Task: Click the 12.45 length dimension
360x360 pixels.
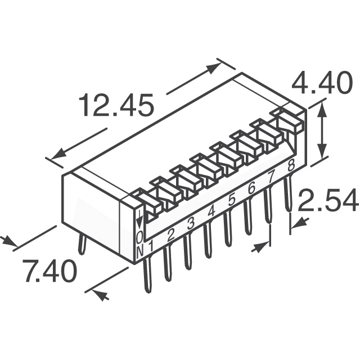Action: pyautogui.click(x=116, y=105)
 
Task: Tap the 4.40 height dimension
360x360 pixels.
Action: pyautogui.click(x=322, y=83)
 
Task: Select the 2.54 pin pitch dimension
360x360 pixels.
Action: pyautogui.click(x=328, y=200)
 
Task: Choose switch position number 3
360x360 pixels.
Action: pyautogui.click(x=191, y=223)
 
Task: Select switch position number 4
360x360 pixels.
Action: pyautogui.click(x=211, y=211)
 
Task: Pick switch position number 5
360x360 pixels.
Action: pyautogui.click(x=232, y=200)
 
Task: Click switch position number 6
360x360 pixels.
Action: pyautogui.click(x=251, y=188)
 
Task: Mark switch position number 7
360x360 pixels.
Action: pyautogui.click(x=271, y=177)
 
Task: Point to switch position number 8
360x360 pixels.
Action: pyautogui.click(x=291, y=165)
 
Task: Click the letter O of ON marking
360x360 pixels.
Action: pyautogui.click(x=139, y=237)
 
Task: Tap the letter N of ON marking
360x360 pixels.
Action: pyautogui.click(x=140, y=251)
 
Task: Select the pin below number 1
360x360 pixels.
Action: pyautogui.click(x=147, y=275)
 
